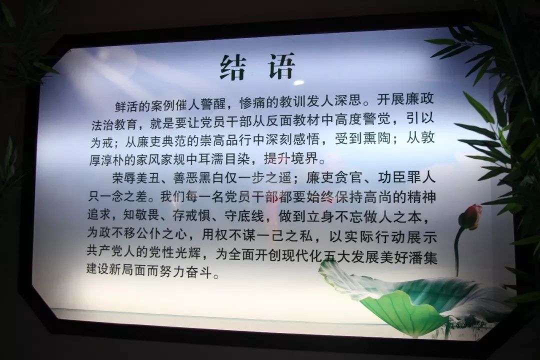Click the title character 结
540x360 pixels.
[233, 67]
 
